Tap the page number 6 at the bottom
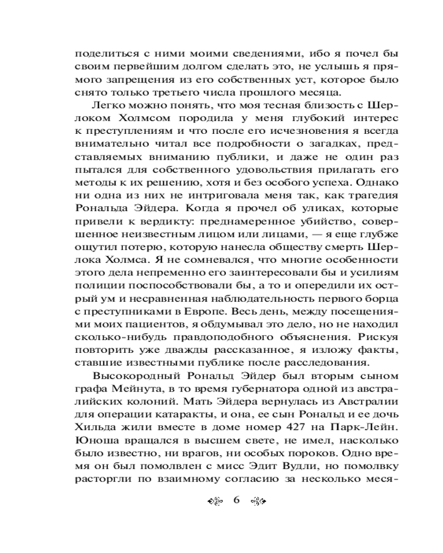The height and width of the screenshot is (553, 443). click(236, 500)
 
